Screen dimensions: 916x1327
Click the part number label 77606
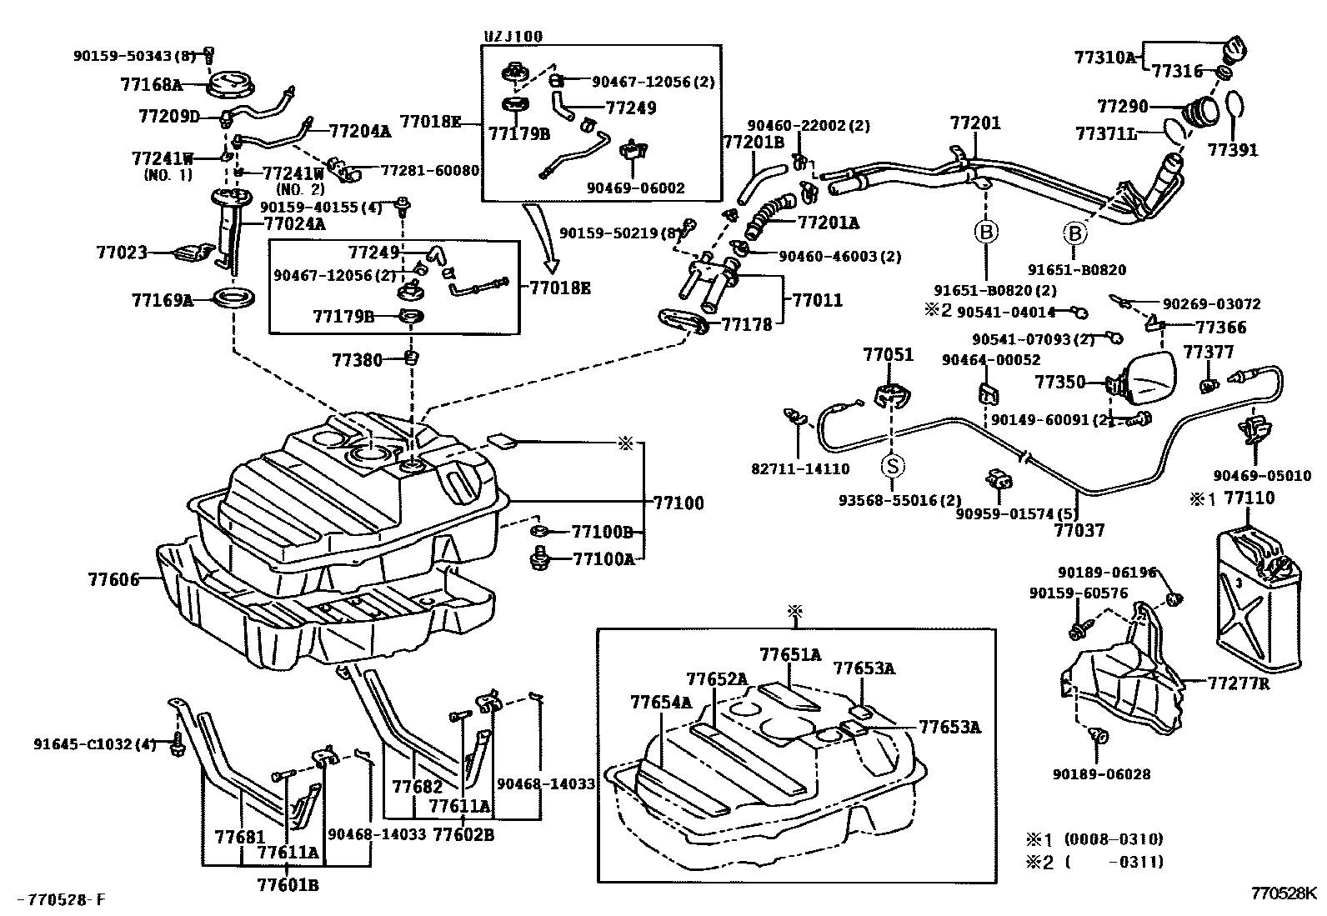(113, 578)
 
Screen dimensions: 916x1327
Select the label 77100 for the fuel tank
(677, 503)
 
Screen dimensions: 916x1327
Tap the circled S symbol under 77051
(893, 466)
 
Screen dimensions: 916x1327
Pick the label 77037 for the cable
(1080, 529)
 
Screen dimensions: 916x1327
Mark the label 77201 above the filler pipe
(974, 124)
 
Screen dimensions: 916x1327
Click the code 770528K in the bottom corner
(1282, 892)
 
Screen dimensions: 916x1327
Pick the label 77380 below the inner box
(357, 360)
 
